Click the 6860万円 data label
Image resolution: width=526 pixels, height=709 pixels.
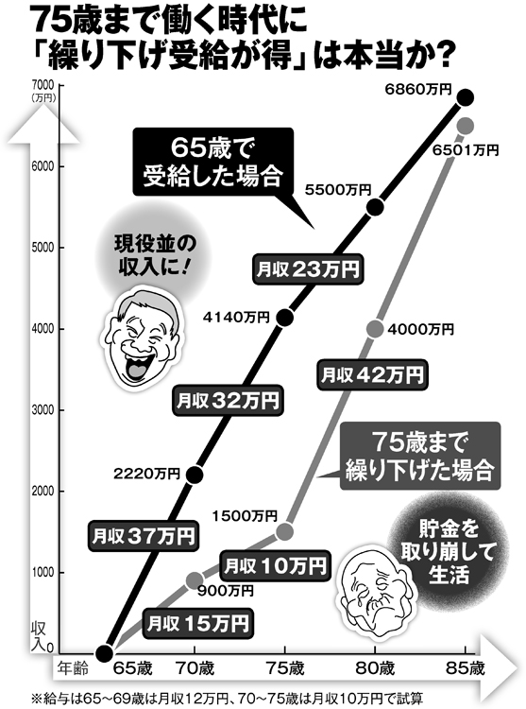(x=418, y=90)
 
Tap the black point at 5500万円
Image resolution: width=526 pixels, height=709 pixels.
(x=375, y=207)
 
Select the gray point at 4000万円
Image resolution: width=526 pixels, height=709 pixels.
(x=375, y=329)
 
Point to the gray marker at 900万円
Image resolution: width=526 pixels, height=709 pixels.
(x=195, y=579)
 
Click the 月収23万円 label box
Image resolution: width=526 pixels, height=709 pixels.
(x=308, y=270)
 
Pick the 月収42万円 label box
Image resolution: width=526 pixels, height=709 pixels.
(x=372, y=374)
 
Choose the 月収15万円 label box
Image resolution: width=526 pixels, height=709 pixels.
(x=197, y=624)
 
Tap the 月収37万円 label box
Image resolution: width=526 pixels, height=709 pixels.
(x=144, y=536)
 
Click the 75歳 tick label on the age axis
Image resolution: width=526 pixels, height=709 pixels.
(x=284, y=667)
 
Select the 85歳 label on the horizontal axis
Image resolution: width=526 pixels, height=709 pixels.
(x=465, y=667)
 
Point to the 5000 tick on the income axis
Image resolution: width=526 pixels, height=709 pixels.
(x=42, y=248)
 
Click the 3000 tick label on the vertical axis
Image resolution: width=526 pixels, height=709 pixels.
(x=42, y=409)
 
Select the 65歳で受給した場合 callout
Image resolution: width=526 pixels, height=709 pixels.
(x=213, y=163)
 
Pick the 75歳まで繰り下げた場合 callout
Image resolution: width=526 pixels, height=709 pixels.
(x=420, y=456)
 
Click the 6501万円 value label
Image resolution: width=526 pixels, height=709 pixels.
(x=465, y=149)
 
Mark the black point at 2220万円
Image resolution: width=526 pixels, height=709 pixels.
(x=195, y=474)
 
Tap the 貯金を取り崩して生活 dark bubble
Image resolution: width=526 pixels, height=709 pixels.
(x=449, y=552)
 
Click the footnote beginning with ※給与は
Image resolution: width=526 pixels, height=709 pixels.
(x=227, y=699)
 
